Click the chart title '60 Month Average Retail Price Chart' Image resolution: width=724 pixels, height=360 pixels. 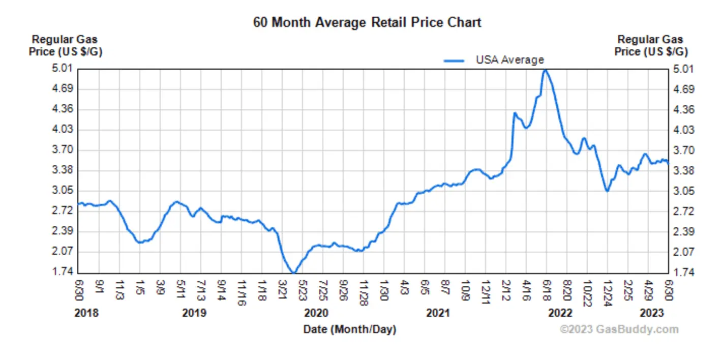(x=367, y=23)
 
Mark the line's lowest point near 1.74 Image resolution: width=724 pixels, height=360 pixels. (x=293, y=273)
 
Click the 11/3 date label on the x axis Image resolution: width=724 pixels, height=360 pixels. (x=120, y=289)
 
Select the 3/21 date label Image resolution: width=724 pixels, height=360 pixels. (x=283, y=289)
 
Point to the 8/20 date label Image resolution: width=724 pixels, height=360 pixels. (x=567, y=289)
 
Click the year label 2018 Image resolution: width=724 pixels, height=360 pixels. (x=86, y=313)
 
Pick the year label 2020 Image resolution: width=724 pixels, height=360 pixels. (x=316, y=313)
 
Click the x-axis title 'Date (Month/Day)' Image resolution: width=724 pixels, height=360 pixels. (x=350, y=329)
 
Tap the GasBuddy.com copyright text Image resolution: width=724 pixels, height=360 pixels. (x=619, y=329)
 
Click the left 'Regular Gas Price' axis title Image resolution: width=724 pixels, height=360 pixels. (x=65, y=45)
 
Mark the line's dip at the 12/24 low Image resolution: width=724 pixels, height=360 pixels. (x=607, y=191)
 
